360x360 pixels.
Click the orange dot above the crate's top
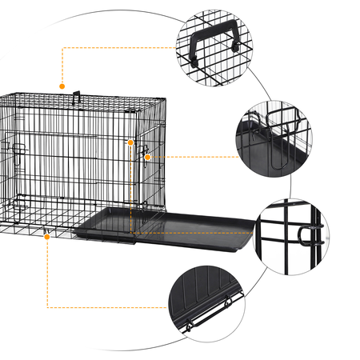tap(61, 85)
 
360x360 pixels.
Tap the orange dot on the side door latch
tap(148, 158)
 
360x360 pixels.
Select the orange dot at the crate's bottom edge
tap(48, 237)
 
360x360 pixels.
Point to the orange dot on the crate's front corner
tap(130, 142)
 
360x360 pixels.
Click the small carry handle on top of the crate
tap(78, 100)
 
